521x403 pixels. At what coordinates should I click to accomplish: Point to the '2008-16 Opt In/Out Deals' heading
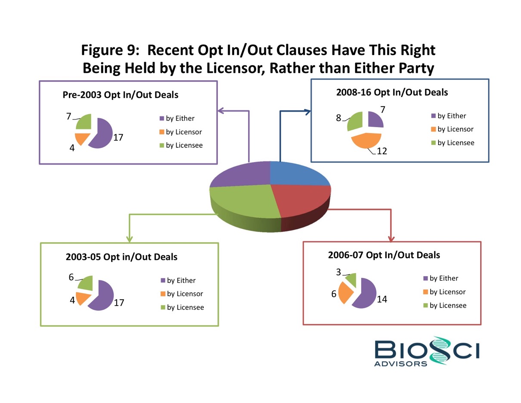coord(392,92)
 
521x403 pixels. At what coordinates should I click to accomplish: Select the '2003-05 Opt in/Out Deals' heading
coord(121,257)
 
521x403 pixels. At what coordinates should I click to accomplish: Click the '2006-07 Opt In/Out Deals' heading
coord(384,255)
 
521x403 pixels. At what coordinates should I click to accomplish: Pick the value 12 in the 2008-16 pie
coord(382,151)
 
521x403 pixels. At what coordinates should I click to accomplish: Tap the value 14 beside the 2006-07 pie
coord(381,299)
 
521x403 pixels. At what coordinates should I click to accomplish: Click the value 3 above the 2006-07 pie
coord(338,272)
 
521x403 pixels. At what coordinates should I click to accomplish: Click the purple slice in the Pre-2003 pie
coord(102,133)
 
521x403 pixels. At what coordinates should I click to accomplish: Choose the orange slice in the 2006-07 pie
coord(345,293)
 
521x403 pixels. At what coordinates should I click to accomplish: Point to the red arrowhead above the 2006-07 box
coord(391,238)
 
